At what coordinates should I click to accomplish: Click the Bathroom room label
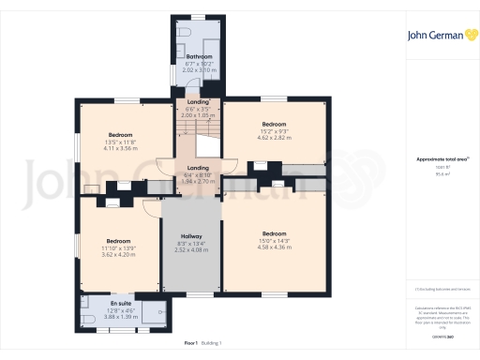point(198,56)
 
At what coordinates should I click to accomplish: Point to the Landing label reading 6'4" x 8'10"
point(198,168)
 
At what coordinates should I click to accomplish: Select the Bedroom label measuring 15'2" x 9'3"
point(274,125)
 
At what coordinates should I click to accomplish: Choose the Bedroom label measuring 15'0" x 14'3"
point(274,233)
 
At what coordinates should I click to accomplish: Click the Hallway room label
point(192,237)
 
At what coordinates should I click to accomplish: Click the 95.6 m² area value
point(442,173)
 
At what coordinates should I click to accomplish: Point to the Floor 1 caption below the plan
point(191,344)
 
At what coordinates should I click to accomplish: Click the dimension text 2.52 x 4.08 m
point(192,250)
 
